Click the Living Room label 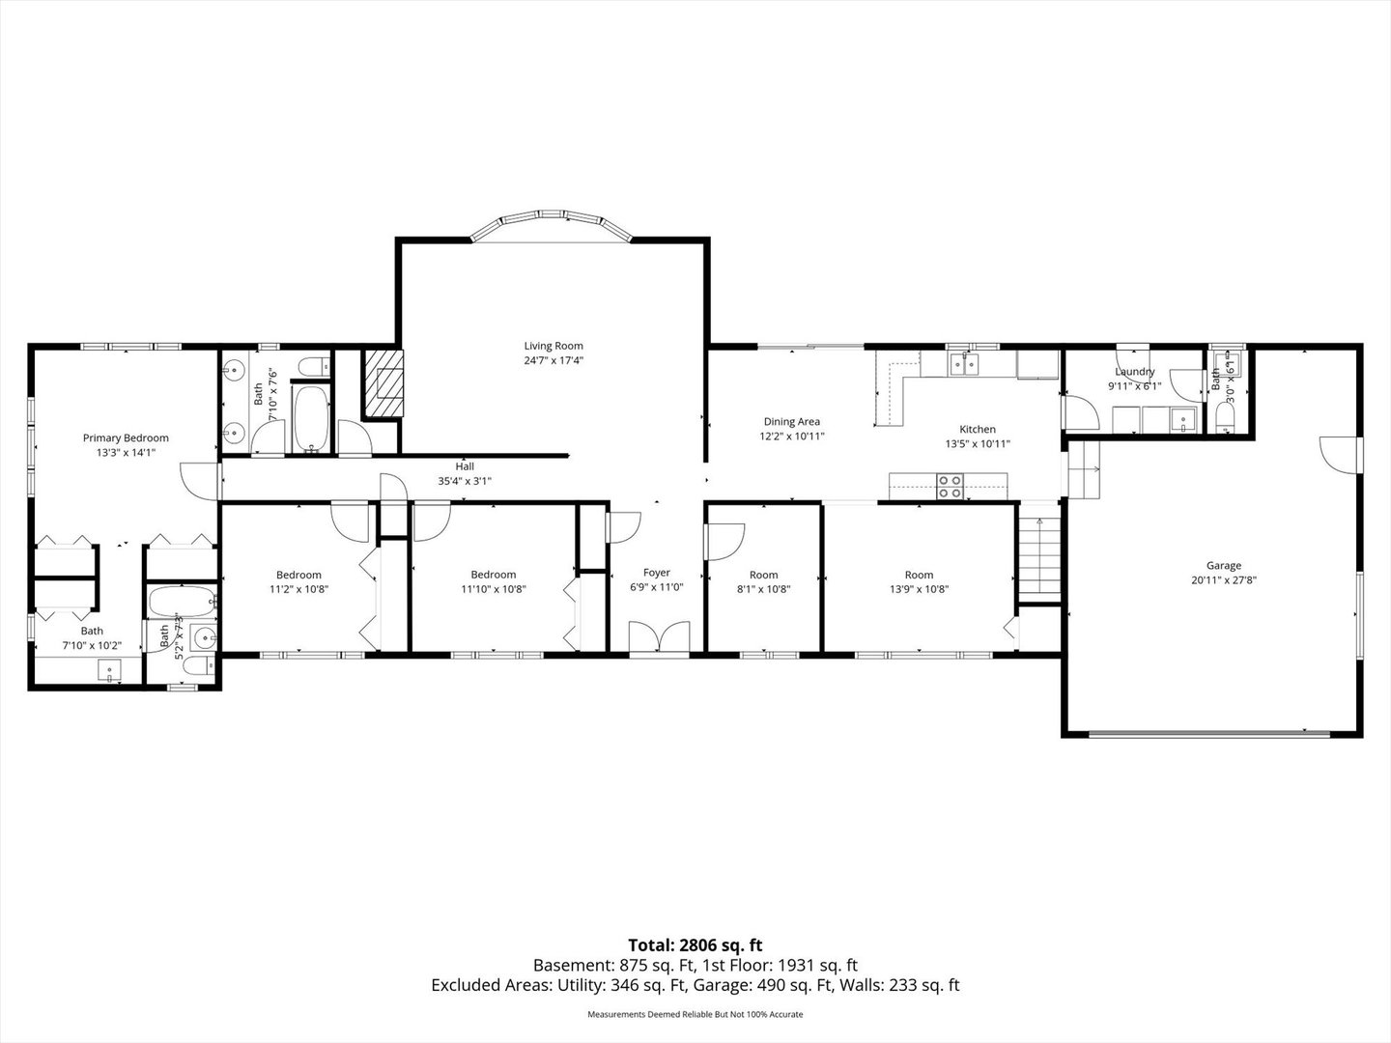554,346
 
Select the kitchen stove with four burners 950,485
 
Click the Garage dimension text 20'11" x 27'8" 1223,580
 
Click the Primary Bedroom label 126,437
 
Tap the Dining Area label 792,421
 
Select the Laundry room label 1134,372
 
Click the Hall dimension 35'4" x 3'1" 465,480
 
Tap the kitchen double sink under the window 963,364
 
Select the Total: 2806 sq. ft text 695,945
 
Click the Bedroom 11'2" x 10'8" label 298,575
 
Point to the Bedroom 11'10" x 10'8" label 494,575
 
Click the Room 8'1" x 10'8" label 763,575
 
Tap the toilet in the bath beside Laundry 1225,416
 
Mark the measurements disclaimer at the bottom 695,1014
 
